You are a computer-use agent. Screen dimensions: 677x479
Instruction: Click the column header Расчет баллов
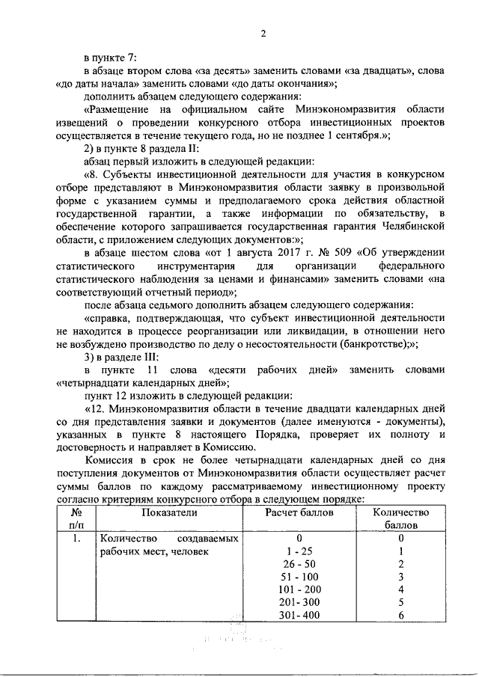tap(298, 512)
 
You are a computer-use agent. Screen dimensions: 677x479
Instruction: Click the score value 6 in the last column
tap(401, 616)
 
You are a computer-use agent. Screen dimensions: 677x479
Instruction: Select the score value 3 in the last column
tap(401, 577)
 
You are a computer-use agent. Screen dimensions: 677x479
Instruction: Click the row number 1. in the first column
tap(76, 538)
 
